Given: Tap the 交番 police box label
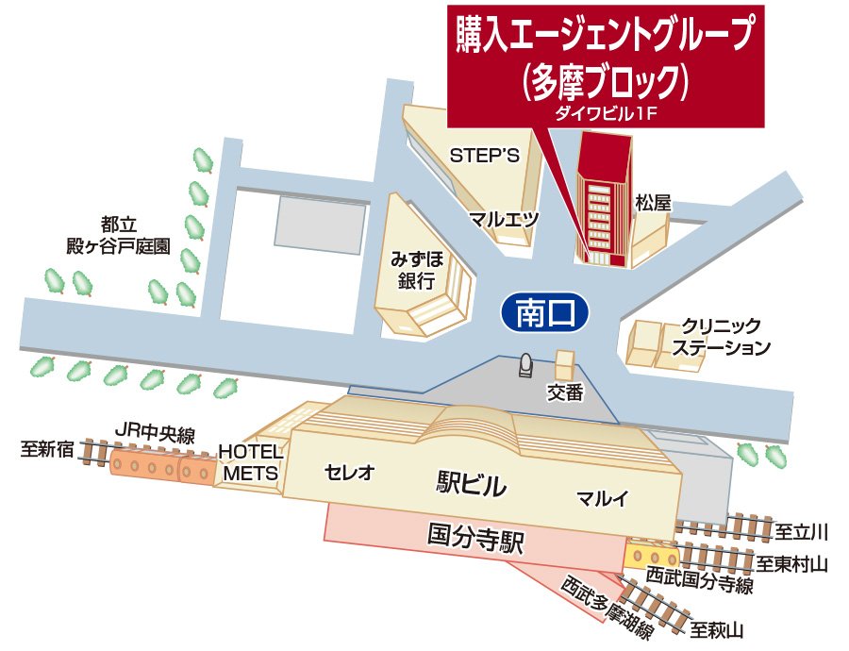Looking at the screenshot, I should [x=565, y=392].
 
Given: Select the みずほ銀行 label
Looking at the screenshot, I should [x=417, y=269].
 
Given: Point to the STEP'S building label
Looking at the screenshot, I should [x=485, y=156].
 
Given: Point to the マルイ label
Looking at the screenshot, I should [x=602, y=497].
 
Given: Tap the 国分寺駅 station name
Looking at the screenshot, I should [x=475, y=541].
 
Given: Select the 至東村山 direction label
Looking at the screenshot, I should [x=791, y=564].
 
